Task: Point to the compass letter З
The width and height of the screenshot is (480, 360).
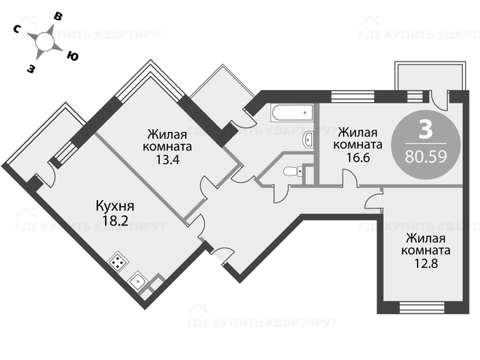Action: click(x=31, y=69)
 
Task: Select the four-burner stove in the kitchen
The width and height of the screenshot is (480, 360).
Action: click(x=118, y=262)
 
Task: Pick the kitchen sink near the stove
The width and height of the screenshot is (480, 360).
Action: click(x=138, y=283)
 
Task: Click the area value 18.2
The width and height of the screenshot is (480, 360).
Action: click(x=115, y=220)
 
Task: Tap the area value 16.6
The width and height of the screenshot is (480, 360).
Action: click(x=358, y=158)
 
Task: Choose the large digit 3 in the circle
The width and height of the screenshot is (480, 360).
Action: click(x=425, y=129)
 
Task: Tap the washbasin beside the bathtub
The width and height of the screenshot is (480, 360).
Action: click(x=308, y=140)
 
